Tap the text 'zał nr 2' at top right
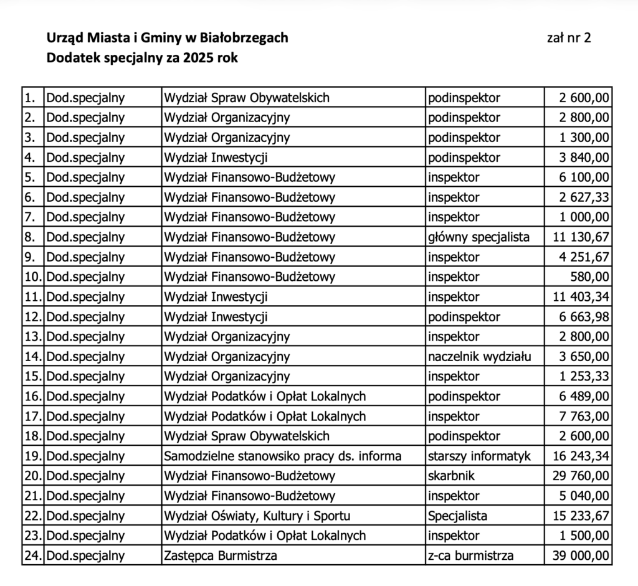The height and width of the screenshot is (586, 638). tap(568, 38)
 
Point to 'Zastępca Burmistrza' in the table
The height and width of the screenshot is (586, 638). tap(220, 555)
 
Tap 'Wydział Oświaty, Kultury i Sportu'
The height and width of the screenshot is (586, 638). tap(257, 516)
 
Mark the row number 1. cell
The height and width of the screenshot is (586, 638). tap(32, 97)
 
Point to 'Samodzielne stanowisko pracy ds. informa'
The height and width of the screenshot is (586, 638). tap(283, 456)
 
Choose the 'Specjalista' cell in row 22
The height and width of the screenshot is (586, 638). tap(457, 516)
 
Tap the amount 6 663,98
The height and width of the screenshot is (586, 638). tap(584, 316)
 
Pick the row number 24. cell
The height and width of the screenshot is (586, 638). tap(32, 555)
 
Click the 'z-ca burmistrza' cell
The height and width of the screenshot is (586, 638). tap(470, 555)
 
